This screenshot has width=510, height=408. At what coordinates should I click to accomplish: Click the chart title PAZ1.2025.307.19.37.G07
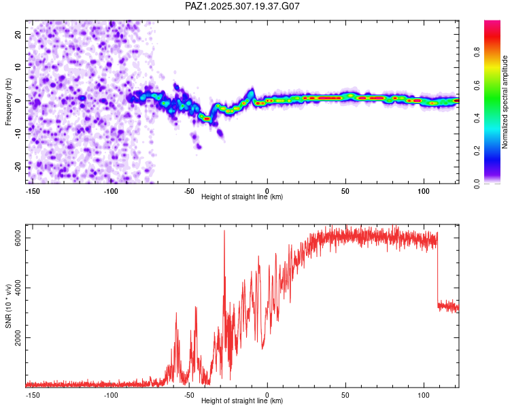(x=243, y=6)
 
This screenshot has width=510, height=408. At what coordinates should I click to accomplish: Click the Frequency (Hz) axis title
(x=9, y=101)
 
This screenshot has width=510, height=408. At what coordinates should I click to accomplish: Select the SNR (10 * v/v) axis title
(x=9, y=307)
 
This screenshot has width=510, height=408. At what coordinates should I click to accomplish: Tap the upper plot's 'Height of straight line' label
(x=242, y=197)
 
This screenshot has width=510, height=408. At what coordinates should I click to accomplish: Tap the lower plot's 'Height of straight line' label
(x=242, y=401)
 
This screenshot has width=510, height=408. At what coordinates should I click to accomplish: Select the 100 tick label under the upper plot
(x=424, y=190)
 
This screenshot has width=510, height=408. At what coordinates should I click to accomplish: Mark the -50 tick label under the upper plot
(x=189, y=190)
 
